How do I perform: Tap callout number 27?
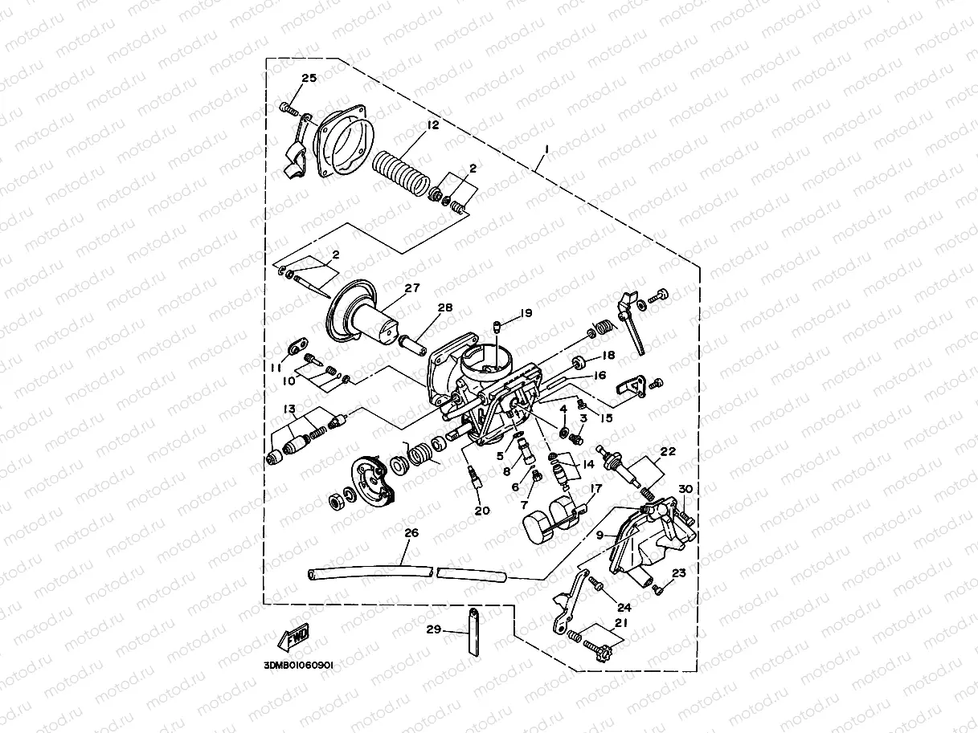[412, 287]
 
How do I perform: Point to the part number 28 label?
[445, 307]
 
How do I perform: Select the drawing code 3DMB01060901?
[297, 666]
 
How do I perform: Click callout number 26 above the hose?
[411, 532]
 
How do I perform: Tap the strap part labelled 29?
[473, 633]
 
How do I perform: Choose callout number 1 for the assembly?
[546, 150]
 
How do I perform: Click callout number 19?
[526, 313]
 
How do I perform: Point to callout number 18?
[608, 355]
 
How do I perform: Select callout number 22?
[669, 451]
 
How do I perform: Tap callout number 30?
[685, 489]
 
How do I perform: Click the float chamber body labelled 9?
[643, 554]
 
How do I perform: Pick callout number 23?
[679, 573]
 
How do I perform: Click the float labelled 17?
[546, 522]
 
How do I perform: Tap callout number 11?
[276, 367]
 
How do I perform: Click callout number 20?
[482, 511]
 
